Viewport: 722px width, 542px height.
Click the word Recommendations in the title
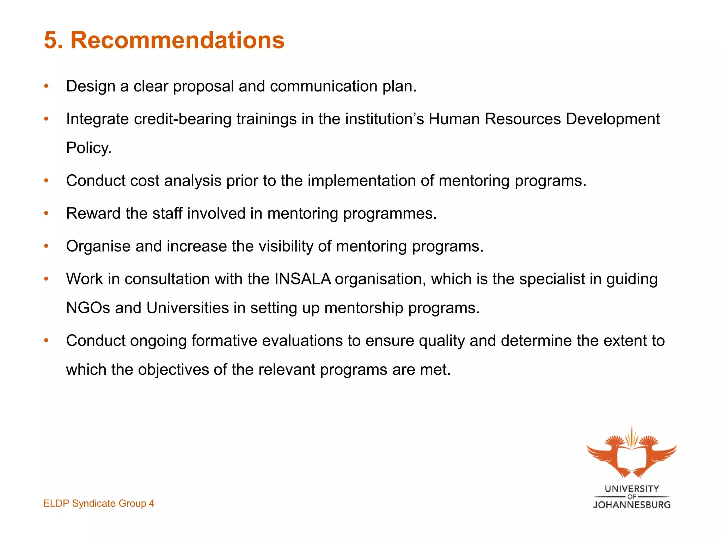[177, 40]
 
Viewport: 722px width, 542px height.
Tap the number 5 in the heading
[51, 40]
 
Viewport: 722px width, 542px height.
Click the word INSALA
[302, 279]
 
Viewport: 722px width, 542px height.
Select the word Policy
[88, 148]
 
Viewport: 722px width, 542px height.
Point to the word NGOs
[88, 308]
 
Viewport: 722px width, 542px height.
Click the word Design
[91, 86]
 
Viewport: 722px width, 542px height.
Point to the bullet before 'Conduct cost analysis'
[46, 181]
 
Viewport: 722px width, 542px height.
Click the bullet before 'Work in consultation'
[46, 279]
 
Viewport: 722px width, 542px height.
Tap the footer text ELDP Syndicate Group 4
[99, 503]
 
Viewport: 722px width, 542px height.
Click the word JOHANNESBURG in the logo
[632, 505]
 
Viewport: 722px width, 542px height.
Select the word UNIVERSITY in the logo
[632, 489]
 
